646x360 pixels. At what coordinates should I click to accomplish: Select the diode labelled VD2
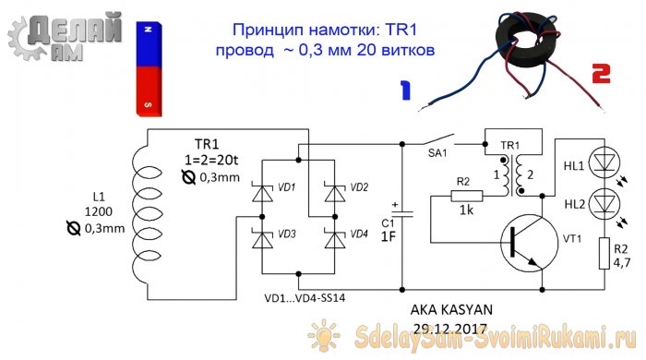click(333, 194)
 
